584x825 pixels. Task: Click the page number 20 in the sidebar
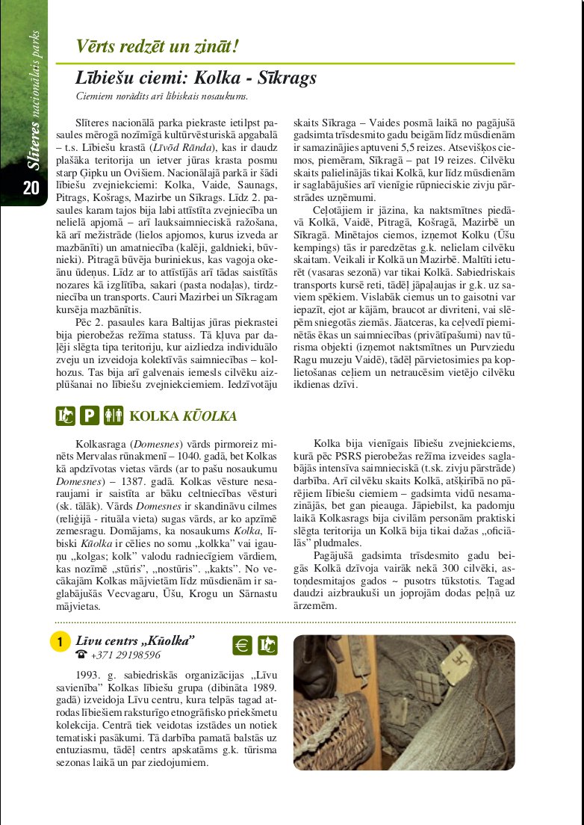pos(31,188)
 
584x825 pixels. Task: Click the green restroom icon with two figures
pos(114,415)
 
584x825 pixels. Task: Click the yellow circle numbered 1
pos(60,643)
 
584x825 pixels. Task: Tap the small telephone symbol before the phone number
pos(81,655)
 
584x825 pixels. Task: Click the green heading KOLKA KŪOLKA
pos(184,416)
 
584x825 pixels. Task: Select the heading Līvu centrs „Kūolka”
pos(135,640)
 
